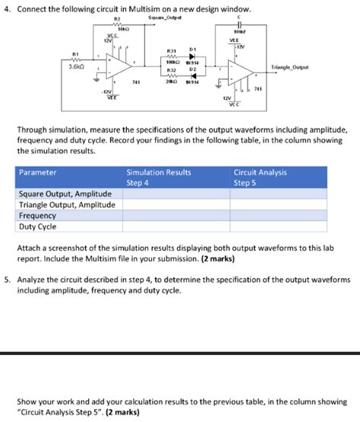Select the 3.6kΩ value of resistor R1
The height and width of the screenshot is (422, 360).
tap(75, 66)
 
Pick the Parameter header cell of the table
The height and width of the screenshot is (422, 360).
tap(38, 173)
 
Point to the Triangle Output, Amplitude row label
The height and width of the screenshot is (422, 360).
tap(67, 205)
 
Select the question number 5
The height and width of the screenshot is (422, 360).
tap(7, 280)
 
